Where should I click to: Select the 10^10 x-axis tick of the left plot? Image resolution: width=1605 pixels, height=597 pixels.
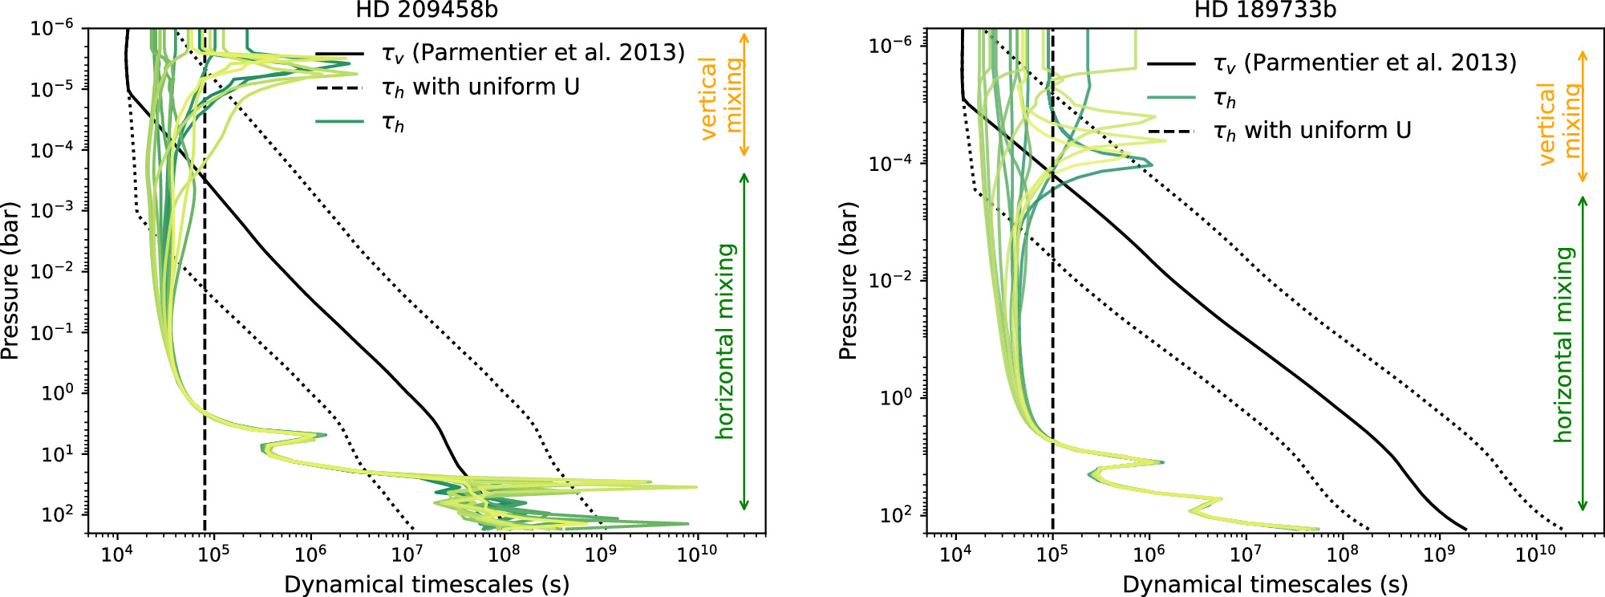coord(696,554)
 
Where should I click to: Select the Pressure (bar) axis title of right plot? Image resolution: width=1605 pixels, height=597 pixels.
coord(849,280)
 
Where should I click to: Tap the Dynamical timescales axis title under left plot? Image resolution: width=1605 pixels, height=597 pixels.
coord(426,584)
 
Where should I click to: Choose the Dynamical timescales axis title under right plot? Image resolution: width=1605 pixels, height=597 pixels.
coord(1264,584)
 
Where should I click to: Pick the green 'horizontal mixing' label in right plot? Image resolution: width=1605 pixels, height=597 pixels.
coord(1564,345)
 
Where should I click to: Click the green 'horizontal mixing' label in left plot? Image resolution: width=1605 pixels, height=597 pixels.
coord(726,341)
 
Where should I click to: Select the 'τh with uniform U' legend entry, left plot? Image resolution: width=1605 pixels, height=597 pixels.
coord(480,87)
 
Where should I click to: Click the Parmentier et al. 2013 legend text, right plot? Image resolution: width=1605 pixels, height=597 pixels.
coord(1364,63)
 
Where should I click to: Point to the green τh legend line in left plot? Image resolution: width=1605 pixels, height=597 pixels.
coord(340,122)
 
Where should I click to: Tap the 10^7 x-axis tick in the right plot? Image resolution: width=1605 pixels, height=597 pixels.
coord(1245,554)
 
